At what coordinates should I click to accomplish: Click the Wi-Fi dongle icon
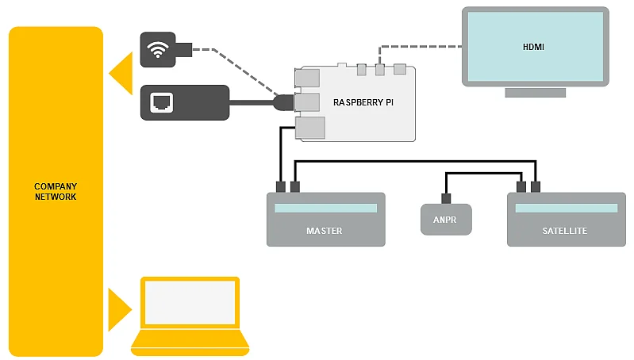(166, 49)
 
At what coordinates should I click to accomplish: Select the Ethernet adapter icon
(184, 102)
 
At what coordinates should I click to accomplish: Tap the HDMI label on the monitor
(533, 47)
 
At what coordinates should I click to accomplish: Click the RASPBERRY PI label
(363, 102)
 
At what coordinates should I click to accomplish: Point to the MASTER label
(324, 231)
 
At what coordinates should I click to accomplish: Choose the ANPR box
(445, 220)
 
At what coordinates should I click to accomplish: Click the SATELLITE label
(565, 231)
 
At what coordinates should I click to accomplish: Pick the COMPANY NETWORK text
(56, 191)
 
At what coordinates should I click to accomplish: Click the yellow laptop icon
(190, 316)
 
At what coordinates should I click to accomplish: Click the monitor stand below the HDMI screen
(536, 92)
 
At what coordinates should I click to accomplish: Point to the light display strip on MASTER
(325, 209)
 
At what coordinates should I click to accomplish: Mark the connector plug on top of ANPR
(446, 198)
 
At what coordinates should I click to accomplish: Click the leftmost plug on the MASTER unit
(280, 187)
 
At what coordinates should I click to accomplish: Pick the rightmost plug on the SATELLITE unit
(536, 187)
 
